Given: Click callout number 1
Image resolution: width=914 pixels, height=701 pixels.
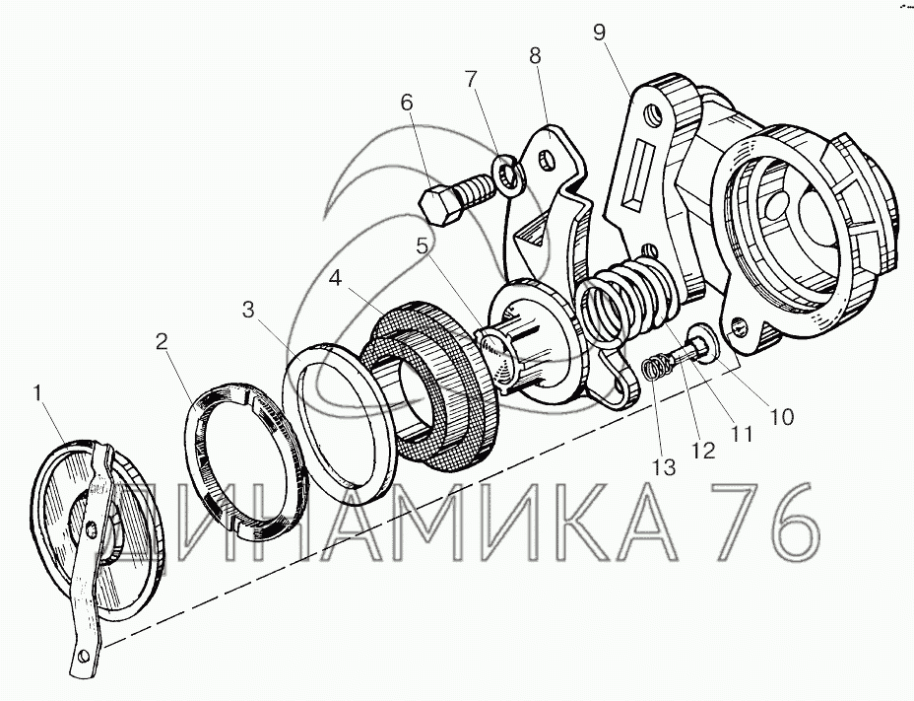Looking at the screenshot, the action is pos(37,394).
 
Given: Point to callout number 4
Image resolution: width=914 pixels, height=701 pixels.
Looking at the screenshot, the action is pos(336,279).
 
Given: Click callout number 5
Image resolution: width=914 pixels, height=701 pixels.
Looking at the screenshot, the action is pos(423,246).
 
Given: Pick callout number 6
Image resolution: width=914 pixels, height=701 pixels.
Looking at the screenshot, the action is pos(407,103).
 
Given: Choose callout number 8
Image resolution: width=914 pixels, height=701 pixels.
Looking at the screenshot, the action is pos(535,56).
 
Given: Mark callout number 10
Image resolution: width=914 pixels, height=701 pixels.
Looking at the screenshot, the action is pos(780,416).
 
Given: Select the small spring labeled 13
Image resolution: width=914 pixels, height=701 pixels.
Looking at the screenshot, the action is pos(656,369).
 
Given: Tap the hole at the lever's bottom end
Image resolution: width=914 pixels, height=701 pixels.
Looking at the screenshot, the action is pos(84,656).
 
